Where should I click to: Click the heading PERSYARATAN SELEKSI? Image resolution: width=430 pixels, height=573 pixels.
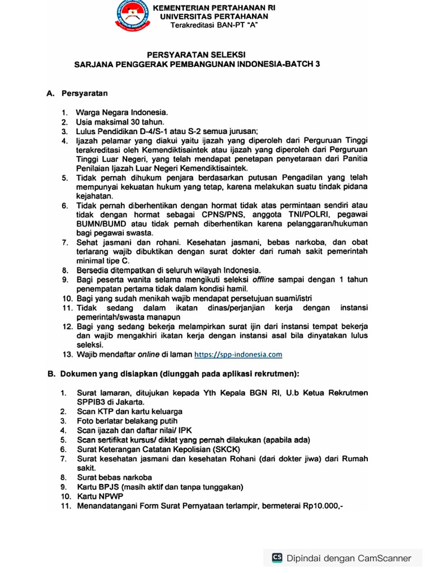coord(196,54)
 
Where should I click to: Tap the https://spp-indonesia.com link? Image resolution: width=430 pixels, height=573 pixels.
coord(238,354)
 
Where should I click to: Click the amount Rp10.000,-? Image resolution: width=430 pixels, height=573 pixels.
coord(323,505)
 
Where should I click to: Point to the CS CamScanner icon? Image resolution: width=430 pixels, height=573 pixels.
coord(277,557)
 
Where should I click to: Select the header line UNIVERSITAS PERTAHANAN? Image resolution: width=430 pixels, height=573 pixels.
coord(214,17)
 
